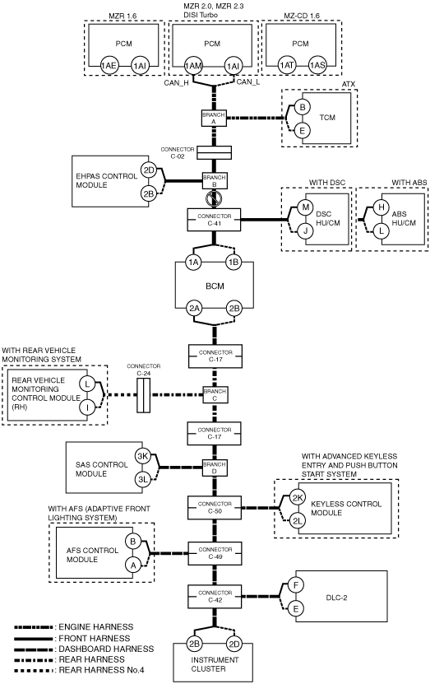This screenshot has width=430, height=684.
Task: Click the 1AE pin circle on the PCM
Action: click(109, 65)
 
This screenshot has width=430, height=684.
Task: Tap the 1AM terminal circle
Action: click(193, 66)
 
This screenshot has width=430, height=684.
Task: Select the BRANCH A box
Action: click(214, 118)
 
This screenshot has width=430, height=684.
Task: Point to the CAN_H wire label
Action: click(176, 82)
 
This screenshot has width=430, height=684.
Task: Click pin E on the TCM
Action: click(302, 130)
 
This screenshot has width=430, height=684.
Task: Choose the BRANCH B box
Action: click(215, 180)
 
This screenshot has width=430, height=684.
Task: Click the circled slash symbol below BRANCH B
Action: click(214, 199)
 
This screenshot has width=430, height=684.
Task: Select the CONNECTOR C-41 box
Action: click(214, 220)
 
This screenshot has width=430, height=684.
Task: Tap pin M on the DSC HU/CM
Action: click(305, 207)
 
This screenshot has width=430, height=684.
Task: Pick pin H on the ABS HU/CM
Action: click(381, 207)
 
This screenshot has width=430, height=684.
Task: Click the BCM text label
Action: click(215, 286)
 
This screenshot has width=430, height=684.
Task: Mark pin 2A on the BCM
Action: click(194, 309)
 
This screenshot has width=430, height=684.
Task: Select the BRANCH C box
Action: click(215, 395)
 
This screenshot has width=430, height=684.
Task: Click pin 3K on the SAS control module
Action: click(143, 456)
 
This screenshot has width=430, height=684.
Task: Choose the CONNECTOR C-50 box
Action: click(215, 507)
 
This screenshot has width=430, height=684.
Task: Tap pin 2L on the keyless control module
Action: click(298, 520)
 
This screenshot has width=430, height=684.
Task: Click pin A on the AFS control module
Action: click(133, 565)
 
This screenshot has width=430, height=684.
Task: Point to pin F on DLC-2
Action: click(296, 585)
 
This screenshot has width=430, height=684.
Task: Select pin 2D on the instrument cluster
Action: click(234, 644)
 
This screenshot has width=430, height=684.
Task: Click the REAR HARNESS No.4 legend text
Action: click(101, 670)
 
